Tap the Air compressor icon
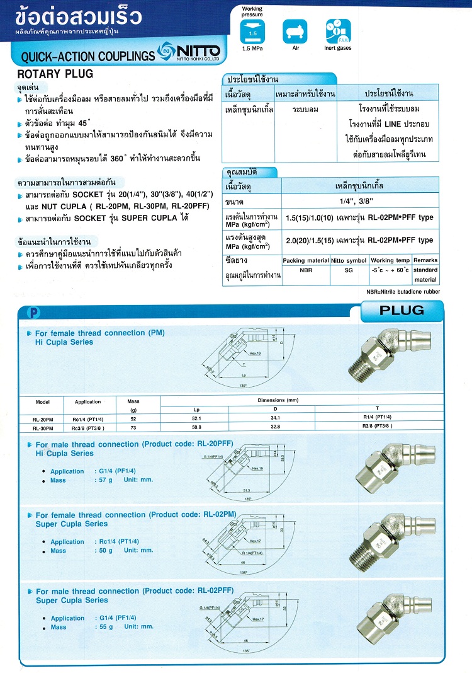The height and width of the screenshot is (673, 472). click(293, 29)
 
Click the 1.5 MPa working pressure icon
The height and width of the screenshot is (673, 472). click(252, 29)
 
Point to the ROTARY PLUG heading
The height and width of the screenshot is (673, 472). click(55, 74)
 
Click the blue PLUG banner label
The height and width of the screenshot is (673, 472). click(402, 310)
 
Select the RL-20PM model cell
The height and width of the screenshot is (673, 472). click(43, 418)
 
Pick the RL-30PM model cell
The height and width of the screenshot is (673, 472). click(43, 427)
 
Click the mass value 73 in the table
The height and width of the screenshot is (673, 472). click(133, 427)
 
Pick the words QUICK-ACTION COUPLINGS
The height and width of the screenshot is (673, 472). click(87, 57)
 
